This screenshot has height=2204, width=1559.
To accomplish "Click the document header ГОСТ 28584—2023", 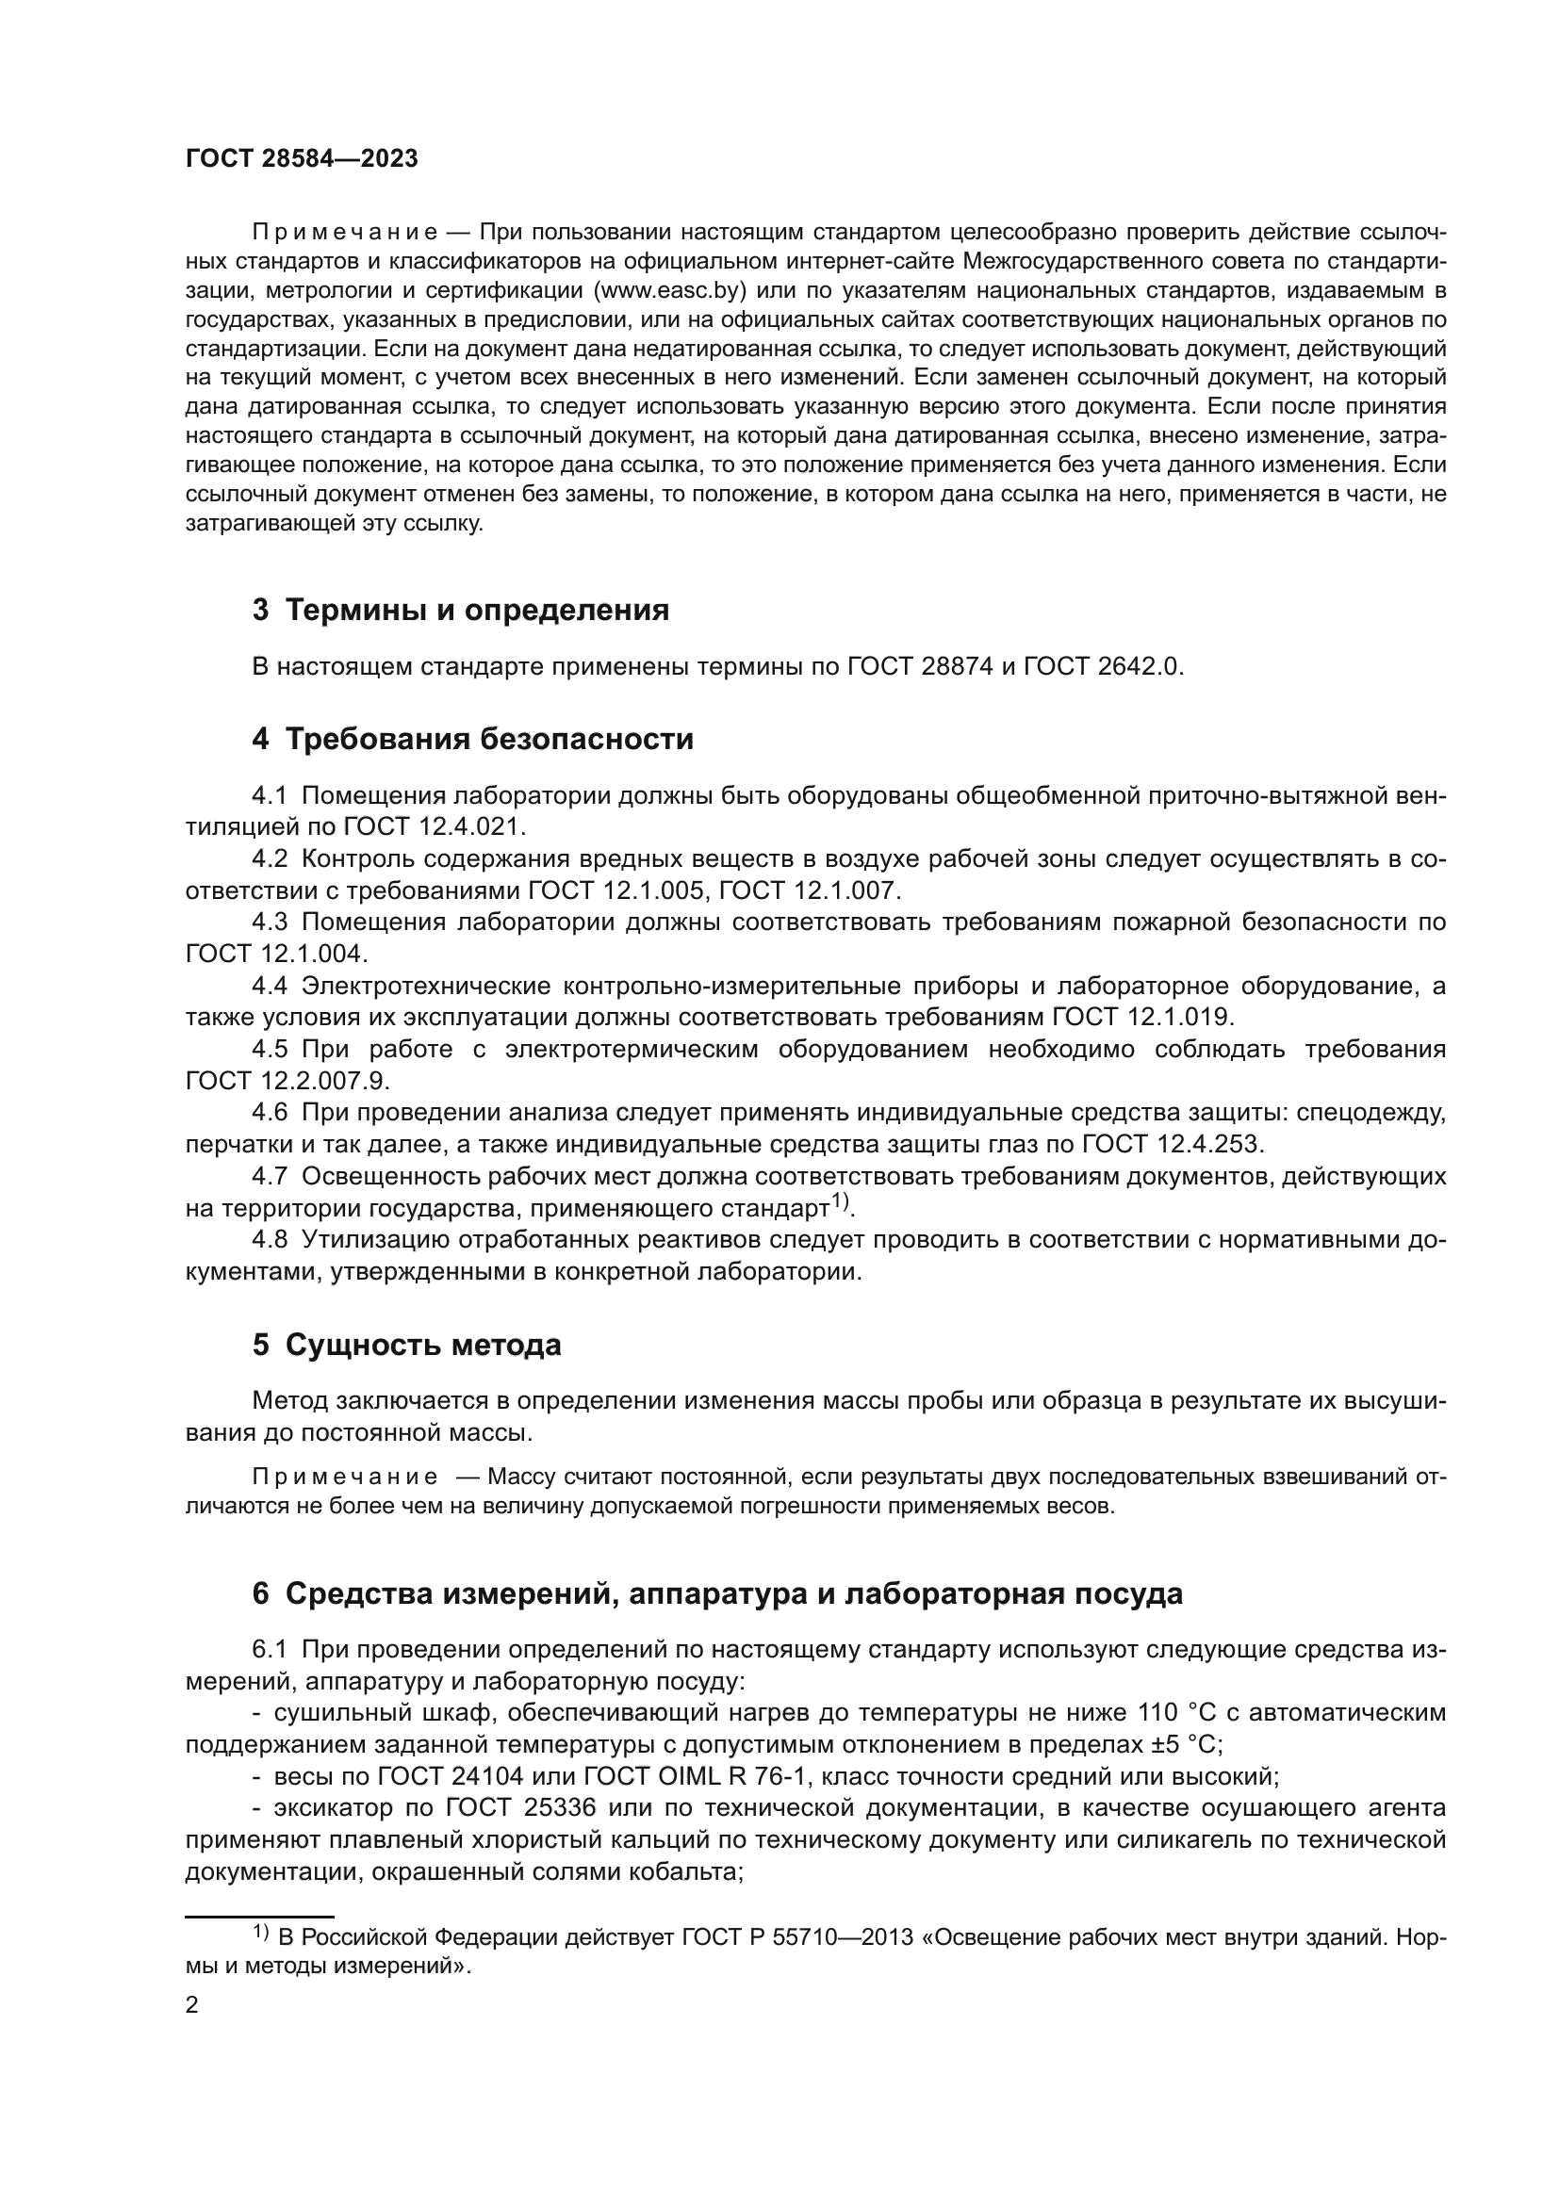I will (302, 159).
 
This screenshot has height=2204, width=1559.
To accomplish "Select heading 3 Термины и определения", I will (461, 610).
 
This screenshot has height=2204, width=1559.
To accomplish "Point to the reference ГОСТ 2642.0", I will (1102, 666).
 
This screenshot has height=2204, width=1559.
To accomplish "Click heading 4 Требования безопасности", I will (472, 739).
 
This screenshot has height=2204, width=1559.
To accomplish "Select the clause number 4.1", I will (270, 796).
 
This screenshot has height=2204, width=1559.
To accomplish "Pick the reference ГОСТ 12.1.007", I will (809, 890).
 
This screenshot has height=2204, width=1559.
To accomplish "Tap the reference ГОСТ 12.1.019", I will (1142, 1017).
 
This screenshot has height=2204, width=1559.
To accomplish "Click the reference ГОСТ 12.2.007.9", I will (287, 1080).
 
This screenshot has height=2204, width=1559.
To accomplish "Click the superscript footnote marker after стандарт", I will (840, 1200).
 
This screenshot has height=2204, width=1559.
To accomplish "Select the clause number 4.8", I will (270, 1239).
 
